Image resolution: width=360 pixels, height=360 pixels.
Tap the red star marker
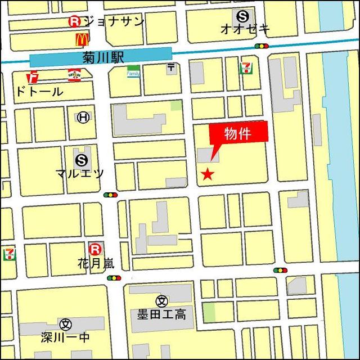click(208, 174)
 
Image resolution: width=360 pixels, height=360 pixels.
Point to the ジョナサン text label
click(113, 21)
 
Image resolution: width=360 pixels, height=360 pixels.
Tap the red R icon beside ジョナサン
click(74, 21)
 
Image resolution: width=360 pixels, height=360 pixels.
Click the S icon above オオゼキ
click(242, 16)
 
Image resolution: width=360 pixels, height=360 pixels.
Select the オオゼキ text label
click(246, 29)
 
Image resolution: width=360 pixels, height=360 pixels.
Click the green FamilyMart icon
click(133, 72)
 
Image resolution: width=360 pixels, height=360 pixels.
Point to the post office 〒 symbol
click(171, 69)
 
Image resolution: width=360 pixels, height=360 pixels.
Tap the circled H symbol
click(83, 117)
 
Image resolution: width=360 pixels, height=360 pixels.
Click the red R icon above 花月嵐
click(96, 248)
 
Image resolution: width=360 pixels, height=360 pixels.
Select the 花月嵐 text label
click(96, 263)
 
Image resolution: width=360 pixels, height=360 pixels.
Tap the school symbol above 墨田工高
click(162, 301)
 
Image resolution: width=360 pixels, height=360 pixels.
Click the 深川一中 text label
click(66, 337)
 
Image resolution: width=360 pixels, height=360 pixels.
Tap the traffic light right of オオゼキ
click(262, 46)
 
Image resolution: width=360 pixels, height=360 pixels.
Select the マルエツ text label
click(80, 173)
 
